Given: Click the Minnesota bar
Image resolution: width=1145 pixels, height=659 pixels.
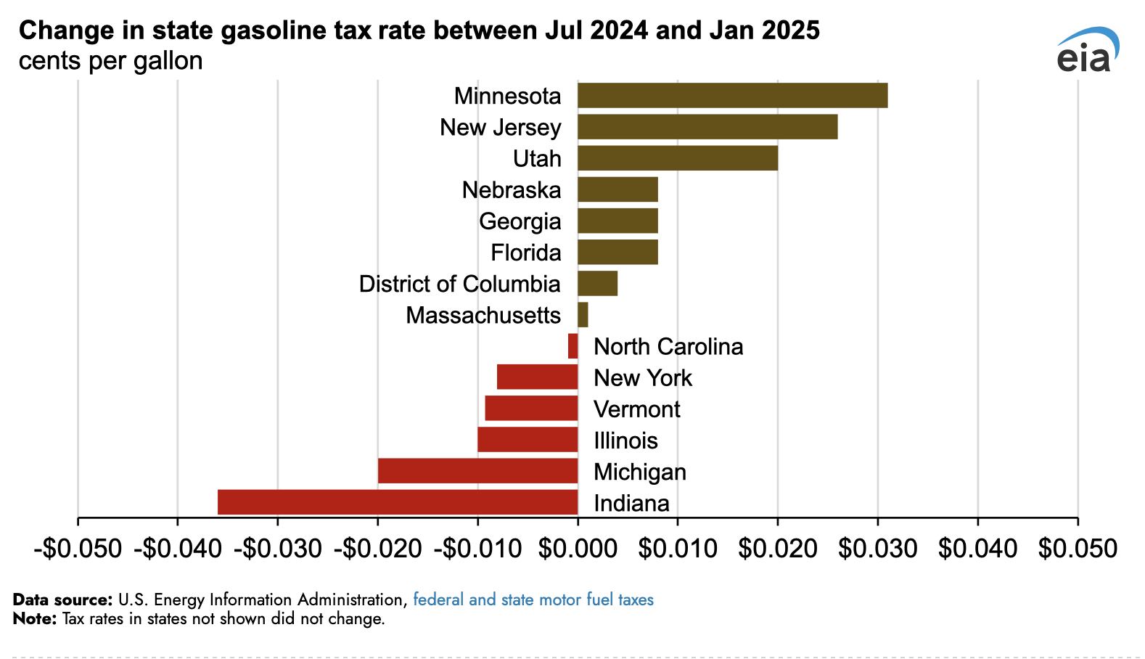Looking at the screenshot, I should [x=732, y=96].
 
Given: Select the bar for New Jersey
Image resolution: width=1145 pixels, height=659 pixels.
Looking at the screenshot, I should [x=707, y=127].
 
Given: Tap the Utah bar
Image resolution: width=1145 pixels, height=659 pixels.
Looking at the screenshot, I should [x=678, y=158].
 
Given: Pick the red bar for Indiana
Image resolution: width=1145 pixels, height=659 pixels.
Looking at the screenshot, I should [x=398, y=502].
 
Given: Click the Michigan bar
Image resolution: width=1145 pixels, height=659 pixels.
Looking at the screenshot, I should [x=477, y=471].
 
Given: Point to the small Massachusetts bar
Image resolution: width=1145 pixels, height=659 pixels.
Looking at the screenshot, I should [x=583, y=315].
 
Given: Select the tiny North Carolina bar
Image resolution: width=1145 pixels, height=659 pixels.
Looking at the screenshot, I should [x=573, y=346].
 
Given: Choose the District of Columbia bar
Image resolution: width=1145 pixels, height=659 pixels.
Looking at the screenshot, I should [x=597, y=284].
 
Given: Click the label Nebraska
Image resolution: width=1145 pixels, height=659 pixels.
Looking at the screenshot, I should [x=512, y=190].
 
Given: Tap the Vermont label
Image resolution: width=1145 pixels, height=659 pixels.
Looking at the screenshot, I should [x=637, y=409].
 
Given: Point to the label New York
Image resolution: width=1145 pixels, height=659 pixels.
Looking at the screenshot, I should [x=643, y=378].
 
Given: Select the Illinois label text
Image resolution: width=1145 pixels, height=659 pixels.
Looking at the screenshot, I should [x=625, y=441].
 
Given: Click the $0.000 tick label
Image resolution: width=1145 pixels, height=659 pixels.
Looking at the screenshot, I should [x=578, y=549].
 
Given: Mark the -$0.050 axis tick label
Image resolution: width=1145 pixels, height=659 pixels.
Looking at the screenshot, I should [x=78, y=549].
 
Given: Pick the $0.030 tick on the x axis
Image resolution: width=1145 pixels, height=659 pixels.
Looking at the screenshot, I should [x=877, y=549].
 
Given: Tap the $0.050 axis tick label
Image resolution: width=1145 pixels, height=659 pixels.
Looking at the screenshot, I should [x=1078, y=549].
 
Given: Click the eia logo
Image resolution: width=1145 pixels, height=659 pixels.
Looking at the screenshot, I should [x=1086, y=51].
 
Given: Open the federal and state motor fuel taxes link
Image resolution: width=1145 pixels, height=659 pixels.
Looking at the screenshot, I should [x=533, y=599].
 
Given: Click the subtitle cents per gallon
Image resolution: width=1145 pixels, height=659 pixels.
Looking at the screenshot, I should [x=111, y=61].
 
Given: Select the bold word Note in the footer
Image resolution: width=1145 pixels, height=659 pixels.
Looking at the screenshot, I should [x=34, y=619].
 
